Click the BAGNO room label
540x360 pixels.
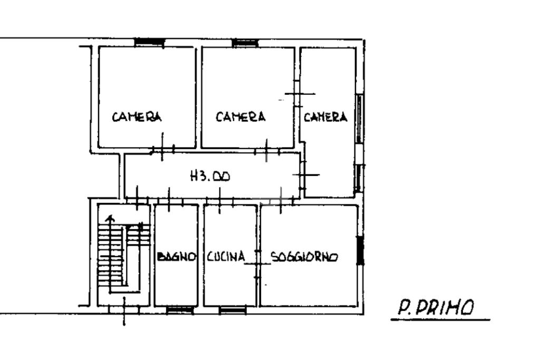coord(176,257)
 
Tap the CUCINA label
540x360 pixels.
coord(226,256)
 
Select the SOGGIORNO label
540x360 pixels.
coord(304,257)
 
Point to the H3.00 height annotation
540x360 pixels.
coord(210,177)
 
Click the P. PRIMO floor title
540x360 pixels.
coord(436,307)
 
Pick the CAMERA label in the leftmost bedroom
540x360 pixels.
coord(137,116)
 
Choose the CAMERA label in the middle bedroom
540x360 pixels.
coord(240,116)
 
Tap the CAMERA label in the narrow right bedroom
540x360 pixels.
coord(325,117)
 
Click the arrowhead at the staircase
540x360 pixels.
coord(110,218)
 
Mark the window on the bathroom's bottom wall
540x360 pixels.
coord(180,310)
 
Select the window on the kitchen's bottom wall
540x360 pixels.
coord(233,310)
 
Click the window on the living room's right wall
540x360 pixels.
coord(360,250)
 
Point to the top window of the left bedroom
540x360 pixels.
coord(149,42)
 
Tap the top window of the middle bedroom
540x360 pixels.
coord(245,43)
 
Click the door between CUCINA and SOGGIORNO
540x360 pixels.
coord(257,264)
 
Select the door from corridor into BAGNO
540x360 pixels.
coord(169,200)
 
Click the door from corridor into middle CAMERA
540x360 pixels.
coord(266,150)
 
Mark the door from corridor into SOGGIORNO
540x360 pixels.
coord(281,200)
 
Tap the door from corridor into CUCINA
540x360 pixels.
coord(220,200)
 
